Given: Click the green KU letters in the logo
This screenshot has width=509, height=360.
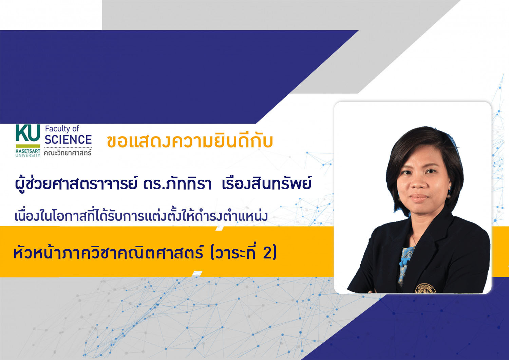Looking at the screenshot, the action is [28, 133].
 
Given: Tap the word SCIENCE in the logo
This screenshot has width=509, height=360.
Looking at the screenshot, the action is [68, 139].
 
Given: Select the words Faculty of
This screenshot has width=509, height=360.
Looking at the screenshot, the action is [62, 129].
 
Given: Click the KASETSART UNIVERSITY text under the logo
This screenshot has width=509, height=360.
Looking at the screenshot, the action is [28, 153].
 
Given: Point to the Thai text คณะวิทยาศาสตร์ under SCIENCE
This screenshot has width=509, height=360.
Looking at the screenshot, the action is [68, 152].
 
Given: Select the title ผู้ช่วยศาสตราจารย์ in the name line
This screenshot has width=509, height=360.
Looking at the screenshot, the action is [76, 184].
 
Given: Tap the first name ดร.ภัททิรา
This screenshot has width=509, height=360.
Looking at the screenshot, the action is [177, 184].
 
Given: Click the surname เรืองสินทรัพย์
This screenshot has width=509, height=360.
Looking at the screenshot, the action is [266, 183].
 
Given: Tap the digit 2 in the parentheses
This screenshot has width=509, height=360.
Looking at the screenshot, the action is [267, 253].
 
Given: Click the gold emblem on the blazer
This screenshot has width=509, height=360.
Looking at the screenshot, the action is [426, 288].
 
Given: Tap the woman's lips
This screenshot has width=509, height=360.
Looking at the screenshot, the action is [419, 198].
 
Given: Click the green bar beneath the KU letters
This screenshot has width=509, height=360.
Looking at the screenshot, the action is [28, 146].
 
